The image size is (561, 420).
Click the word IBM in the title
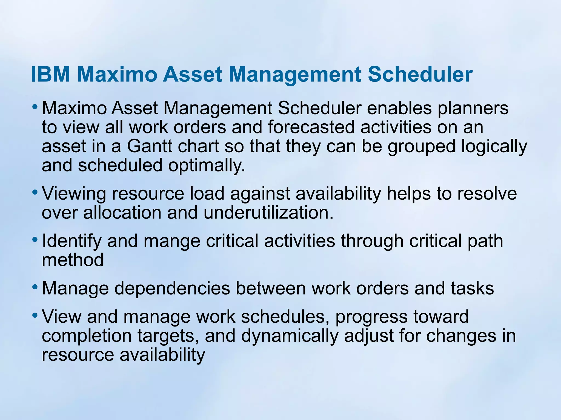[x=51, y=74]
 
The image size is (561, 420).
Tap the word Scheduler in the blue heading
[x=420, y=74]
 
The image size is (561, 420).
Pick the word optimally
[x=207, y=166]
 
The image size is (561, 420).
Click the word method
[x=73, y=260]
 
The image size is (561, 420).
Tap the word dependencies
[x=172, y=288]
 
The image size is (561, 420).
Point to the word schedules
[x=285, y=317]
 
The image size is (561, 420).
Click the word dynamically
[x=290, y=336]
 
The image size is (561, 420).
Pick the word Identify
[x=71, y=241]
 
